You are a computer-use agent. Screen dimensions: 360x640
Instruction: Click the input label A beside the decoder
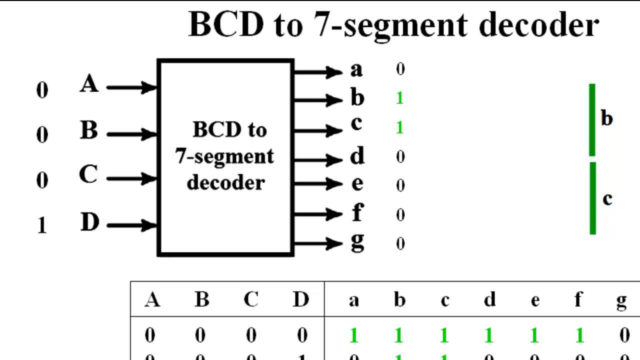pyautogui.click(x=89, y=83)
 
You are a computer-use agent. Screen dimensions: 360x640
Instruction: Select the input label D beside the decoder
pyautogui.click(x=89, y=222)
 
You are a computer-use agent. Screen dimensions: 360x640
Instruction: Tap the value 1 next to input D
pyautogui.click(x=42, y=226)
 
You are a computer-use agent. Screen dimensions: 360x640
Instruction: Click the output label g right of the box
pyautogui.click(x=357, y=241)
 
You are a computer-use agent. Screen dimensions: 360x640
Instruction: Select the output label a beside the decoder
pyautogui.click(x=356, y=70)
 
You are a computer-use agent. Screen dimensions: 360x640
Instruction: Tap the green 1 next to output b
pyautogui.click(x=399, y=98)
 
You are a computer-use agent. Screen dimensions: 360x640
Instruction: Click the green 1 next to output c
pyautogui.click(x=399, y=127)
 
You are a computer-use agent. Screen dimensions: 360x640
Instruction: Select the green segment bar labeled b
pyautogui.click(x=592, y=120)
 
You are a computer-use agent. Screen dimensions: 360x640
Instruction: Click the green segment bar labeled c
pyautogui.click(x=592, y=198)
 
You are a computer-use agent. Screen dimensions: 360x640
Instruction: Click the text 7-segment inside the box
pyautogui.click(x=224, y=157)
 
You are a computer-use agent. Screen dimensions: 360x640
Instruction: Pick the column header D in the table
pyautogui.click(x=301, y=299)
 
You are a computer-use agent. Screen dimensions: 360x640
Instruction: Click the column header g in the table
pyautogui.click(x=621, y=300)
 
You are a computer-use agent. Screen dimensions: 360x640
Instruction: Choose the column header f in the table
pyautogui.click(x=578, y=299)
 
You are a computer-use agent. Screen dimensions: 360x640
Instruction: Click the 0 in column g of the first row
pyautogui.click(x=624, y=335)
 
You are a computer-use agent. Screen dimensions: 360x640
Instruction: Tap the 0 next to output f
pyautogui.click(x=400, y=215)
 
